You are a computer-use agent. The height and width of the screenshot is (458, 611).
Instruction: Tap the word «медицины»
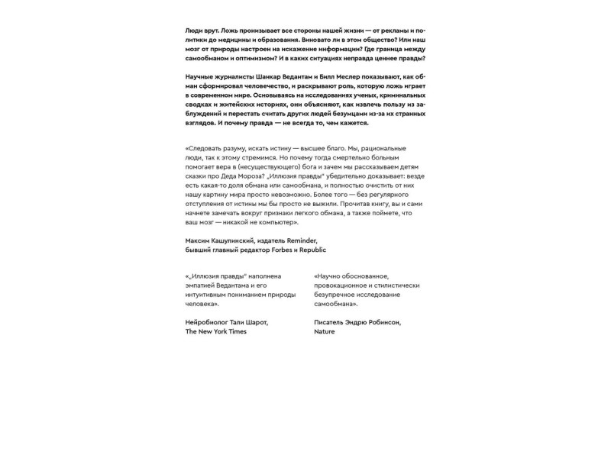point(236,37)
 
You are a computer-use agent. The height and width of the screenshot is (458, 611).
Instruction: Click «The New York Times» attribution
point(216,332)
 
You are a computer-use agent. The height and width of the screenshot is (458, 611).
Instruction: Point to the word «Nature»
point(325,332)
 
